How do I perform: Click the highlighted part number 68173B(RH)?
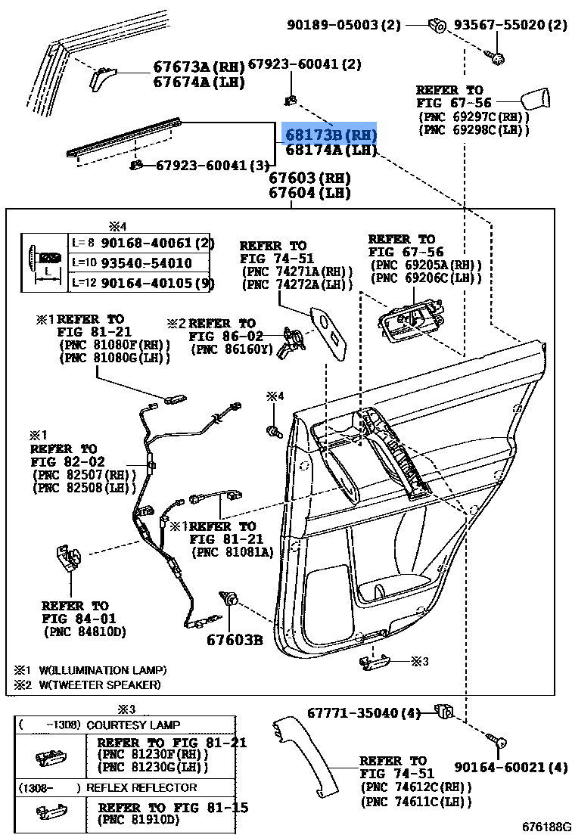[329, 134]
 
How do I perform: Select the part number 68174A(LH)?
[330, 150]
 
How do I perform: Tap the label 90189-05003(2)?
[344, 24]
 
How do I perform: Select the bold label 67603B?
[235, 640]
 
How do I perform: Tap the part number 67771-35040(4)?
[365, 712]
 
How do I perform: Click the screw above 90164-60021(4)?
[499, 744]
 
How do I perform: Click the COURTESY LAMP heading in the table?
[133, 725]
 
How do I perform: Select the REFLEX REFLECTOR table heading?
[141, 787]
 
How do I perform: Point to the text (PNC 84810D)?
[85, 632]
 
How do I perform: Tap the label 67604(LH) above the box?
[310, 193]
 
